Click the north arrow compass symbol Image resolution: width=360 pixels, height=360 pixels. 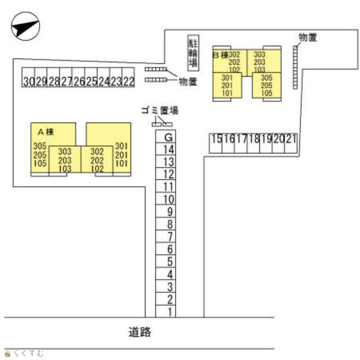point(25,26)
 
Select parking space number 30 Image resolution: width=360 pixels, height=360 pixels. point(29,77)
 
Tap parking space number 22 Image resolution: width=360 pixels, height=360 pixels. point(128,77)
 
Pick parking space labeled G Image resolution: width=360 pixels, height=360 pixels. point(166,137)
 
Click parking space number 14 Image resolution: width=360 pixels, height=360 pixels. point(166,149)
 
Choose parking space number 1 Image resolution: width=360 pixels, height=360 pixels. point(166,311)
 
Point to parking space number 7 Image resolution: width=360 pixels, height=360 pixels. point(166,236)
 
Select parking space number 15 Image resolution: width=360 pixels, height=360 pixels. point(216,143)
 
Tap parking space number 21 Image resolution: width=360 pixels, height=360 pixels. point(291,143)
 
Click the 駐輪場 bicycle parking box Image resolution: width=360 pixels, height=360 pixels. point(193,53)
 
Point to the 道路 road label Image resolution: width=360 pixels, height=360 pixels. point(139,332)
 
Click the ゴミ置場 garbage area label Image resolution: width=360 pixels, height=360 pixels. point(160,110)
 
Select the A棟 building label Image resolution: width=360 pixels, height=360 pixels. point(46,132)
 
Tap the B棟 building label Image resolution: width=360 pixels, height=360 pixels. point(221,55)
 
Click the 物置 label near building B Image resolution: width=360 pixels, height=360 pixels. point(308,38)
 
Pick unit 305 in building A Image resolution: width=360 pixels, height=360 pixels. point(40,146)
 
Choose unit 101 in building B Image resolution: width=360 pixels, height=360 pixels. point(227,93)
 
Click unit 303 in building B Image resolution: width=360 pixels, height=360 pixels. point(259,55)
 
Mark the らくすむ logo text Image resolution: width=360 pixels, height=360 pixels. point(24,353)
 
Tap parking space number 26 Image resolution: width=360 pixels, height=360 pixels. point(78,77)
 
